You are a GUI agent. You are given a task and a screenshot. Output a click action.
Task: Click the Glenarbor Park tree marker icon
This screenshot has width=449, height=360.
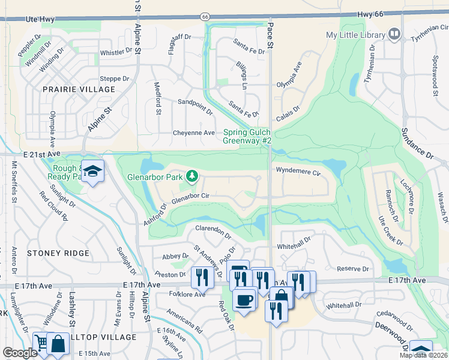point(192,176)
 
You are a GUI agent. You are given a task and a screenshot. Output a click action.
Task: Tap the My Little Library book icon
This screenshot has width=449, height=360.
point(394,35)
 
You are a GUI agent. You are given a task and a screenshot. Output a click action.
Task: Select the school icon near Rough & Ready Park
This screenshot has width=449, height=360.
point(92,172)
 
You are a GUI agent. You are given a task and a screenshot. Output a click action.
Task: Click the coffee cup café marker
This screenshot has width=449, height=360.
point(244,299)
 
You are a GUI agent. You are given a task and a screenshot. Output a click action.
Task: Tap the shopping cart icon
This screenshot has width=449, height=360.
point(41,342)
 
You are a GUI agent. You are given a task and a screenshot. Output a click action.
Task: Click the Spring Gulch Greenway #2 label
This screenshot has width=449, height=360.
point(247,136)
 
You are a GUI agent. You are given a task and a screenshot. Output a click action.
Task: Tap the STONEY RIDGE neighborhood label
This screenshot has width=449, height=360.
point(58,253)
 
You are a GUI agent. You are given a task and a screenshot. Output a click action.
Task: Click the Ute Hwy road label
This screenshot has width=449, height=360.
point(40,20)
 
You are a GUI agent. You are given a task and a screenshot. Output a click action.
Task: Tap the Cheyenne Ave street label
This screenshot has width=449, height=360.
point(193,133)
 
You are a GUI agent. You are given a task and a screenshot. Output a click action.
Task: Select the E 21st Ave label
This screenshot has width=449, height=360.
point(43,154)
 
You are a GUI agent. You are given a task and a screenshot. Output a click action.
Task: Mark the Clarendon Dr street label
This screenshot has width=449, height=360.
point(213,230)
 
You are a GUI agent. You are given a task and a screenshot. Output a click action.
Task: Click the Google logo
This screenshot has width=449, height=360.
point(20,353)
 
